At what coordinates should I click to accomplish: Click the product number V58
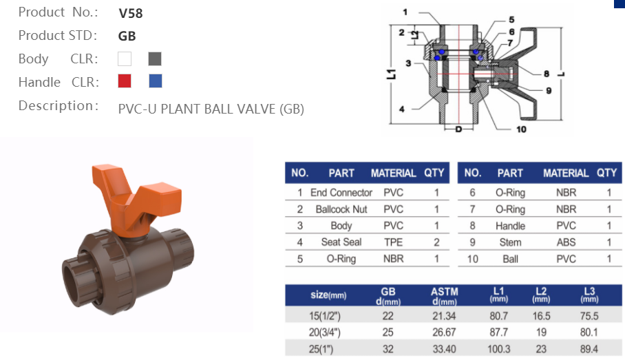(x=131, y=12)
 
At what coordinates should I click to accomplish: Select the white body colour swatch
(x=125, y=59)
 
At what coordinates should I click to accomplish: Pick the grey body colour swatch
(x=155, y=59)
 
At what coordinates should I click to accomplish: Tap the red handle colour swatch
(x=125, y=81)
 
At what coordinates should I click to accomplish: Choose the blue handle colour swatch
(x=156, y=81)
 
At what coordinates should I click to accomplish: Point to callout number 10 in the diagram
(x=520, y=129)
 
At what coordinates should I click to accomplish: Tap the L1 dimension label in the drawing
(x=390, y=73)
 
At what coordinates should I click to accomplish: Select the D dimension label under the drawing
(x=459, y=129)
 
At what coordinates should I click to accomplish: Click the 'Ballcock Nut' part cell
(x=341, y=209)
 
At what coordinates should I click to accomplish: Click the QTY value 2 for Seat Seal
(x=436, y=242)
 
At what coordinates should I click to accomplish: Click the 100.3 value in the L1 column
(x=498, y=349)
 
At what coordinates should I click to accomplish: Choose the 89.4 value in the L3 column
(x=590, y=349)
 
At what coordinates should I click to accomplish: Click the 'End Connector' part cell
(x=341, y=193)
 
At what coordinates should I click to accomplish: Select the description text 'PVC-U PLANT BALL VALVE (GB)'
(x=211, y=109)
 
